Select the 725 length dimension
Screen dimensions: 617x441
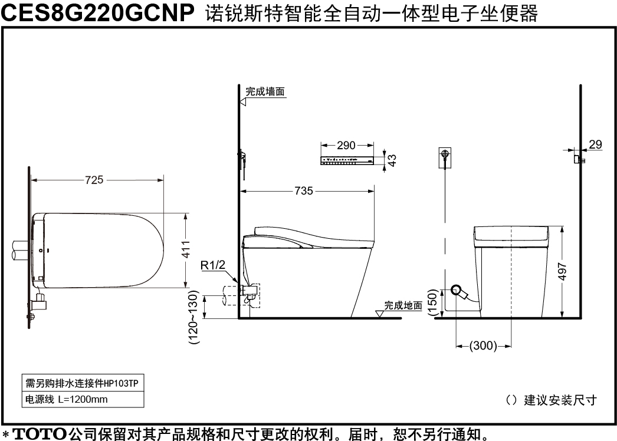[94, 180]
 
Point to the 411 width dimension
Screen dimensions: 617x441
[185, 249]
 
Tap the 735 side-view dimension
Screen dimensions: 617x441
[304, 191]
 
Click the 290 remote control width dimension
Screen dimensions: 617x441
[346, 145]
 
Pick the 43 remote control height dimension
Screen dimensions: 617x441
[392, 160]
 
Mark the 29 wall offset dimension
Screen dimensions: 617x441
[595, 144]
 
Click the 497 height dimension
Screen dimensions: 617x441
[562, 272]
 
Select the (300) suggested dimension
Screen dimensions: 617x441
[483, 345]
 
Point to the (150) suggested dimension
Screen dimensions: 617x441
[432, 302]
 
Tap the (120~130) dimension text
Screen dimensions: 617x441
[194, 317]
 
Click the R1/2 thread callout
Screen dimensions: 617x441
[213, 265]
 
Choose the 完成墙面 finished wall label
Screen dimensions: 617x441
[265, 91]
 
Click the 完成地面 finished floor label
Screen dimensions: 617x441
[403, 305]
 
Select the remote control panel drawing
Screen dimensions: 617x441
[347, 160]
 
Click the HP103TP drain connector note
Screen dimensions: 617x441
[83, 383]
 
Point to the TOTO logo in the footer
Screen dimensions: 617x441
[40, 434]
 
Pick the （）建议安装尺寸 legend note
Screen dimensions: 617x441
[552, 400]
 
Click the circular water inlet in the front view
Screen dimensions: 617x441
[457, 290]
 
